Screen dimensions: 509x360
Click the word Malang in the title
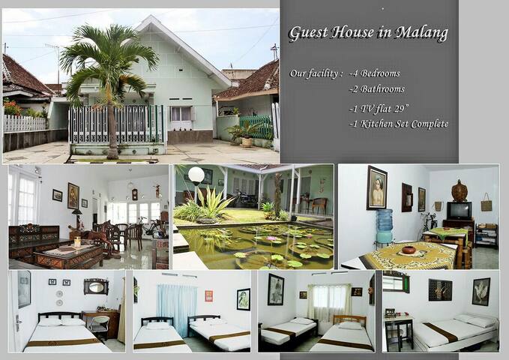pos(421,33)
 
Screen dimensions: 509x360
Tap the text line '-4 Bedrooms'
pos(375,73)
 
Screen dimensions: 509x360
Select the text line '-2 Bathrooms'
pos(377,89)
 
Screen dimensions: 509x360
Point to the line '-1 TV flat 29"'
pos(379,109)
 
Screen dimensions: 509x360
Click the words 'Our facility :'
pos(316,73)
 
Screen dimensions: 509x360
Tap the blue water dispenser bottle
pos(385,220)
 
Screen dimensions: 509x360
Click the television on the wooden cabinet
pos(460,211)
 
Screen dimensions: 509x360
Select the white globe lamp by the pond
pos(196,175)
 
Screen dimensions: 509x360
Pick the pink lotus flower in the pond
pos(270,239)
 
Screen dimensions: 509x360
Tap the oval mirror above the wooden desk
pos(96,287)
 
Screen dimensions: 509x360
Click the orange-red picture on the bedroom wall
pos(208,296)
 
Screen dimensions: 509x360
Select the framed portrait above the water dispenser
pos(376,187)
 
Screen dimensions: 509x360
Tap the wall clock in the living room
pos(135,194)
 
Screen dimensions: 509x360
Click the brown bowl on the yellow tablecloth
pos(409,250)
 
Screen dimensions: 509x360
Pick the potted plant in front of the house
pos(246,134)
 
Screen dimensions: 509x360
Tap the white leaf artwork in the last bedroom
pos(481,292)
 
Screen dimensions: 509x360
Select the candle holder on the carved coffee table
pos(77,241)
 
